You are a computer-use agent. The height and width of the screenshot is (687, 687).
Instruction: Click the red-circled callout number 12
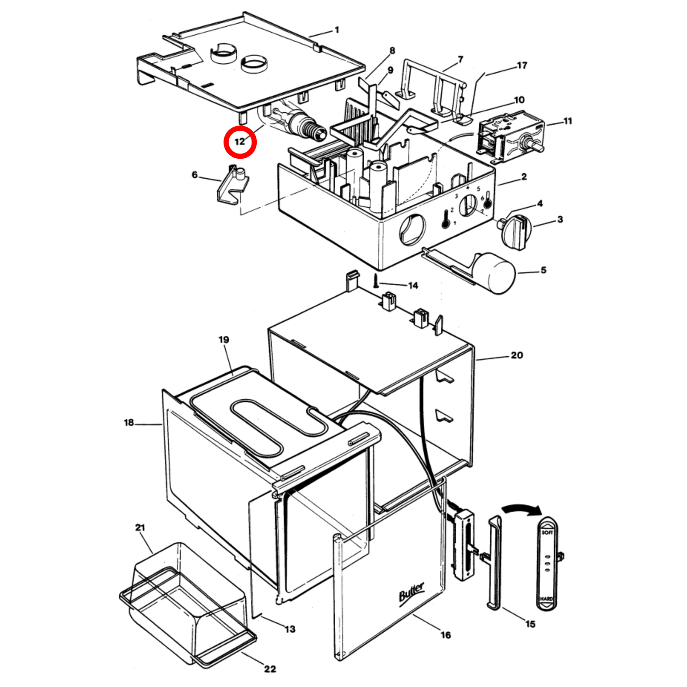240,142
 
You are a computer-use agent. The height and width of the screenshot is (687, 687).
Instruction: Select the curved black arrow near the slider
522,508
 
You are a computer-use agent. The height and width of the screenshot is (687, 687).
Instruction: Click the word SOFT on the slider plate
547,532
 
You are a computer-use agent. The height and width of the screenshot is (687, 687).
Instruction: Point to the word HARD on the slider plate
546,599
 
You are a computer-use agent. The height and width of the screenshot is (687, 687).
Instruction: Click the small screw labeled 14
376,280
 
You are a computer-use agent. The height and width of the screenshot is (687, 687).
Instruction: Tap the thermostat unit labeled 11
509,136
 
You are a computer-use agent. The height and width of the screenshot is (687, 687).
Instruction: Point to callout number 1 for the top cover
337,30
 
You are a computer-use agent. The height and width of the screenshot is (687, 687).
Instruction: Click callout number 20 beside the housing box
516,355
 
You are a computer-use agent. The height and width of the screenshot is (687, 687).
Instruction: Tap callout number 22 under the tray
270,669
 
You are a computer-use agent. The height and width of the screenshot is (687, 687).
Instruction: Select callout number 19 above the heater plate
223,339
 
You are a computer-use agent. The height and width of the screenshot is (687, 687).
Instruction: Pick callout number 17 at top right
522,65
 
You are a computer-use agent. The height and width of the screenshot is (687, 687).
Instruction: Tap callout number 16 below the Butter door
445,635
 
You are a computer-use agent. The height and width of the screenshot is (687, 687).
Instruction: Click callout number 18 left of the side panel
129,422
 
